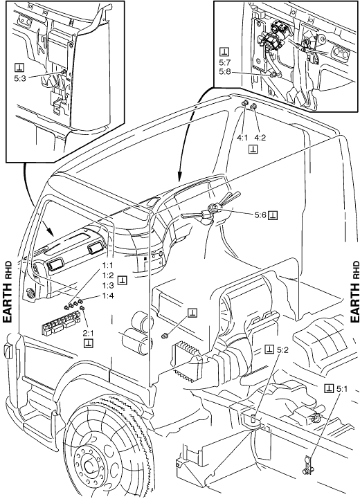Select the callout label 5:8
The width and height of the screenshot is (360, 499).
pyautogui.click(x=225, y=72)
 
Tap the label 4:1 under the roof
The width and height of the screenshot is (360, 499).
pyautogui.click(x=242, y=138)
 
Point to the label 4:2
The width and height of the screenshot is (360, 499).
pyautogui.click(x=260, y=138)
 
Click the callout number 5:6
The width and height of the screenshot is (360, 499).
pyautogui.click(x=260, y=215)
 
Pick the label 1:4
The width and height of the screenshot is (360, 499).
pyautogui.click(x=108, y=296)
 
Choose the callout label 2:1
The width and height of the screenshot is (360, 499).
pyautogui.click(x=88, y=333)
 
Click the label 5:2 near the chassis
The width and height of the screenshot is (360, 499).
pyautogui.click(x=282, y=350)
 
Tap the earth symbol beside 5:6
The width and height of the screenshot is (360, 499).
pyautogui.click(x=273, y=215)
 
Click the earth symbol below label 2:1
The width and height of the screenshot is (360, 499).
pyautogui.click(x=88, y=343)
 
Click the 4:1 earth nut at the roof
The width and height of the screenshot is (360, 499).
pyautogui.click(x=246, y=103)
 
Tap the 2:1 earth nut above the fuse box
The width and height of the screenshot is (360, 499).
pyautogui.click(x=82, y=308)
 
